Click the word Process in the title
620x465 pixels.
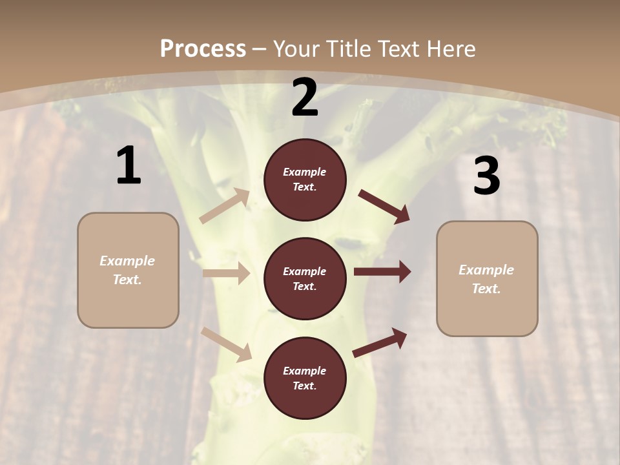pos(203,48)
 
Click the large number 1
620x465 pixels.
pos(129,166)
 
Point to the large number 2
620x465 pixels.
pos(305,98)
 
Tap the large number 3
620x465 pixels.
pos(486,176)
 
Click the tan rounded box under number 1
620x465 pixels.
pos(128,270)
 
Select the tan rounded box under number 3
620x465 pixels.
pos(487,279)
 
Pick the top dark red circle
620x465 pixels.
pos(305,180)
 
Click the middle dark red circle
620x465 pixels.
pos(305,279)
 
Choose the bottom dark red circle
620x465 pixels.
pos(305,378)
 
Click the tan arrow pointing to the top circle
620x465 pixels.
pos(225,206)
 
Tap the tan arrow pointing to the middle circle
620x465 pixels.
pos(226,273)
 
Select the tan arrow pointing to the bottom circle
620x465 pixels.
pos(226,344)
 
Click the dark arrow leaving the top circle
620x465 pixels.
pos(384,207)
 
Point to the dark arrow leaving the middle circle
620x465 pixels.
pos(382,272)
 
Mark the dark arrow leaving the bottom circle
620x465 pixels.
pos(380,342)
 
